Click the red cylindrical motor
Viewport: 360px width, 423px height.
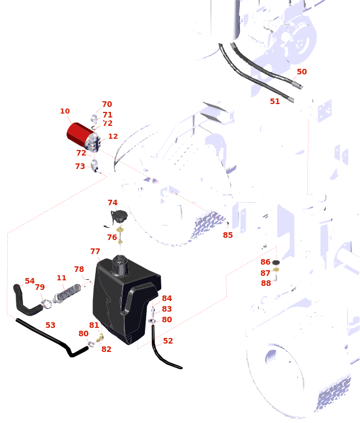click(x=80, y=135)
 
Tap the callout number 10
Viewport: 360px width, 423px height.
click(x=65, y=111)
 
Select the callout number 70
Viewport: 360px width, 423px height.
click(x=107, y=104)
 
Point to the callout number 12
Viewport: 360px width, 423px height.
click(x=113, y=137)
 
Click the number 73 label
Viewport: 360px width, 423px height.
click(x=80, y=166)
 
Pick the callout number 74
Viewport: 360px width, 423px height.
click(x=113, y=203)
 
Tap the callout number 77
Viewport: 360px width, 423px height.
click(x=95, y=251)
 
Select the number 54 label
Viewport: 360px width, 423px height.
click(x=30, y=281)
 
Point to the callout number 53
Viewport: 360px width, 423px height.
click(x=50, y=325)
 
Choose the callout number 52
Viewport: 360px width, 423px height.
click(x=168, y=341)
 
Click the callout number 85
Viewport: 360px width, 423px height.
click(x=228, y=235)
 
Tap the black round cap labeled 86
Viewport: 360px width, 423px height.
click(x=276, y=262)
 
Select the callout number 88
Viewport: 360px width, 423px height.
click(x=266, y=283)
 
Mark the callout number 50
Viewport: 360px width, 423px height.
click(x=302, y=72)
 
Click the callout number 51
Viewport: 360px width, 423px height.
click(x=275, y=101)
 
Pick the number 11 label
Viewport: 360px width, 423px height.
click(x=62, y=278)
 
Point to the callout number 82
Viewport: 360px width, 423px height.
click(x=106, y=349)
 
